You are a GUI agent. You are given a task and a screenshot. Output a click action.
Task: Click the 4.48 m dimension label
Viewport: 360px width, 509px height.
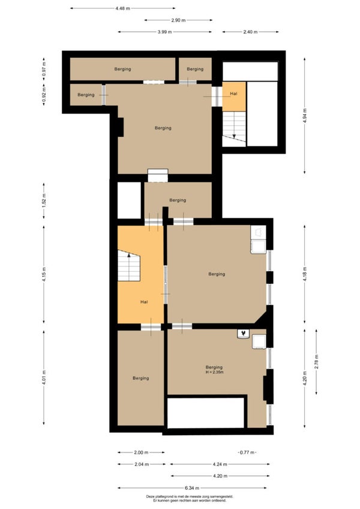pyautogui.click(x=123, y=8)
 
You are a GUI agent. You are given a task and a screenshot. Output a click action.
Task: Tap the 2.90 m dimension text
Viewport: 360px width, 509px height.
pyautogui.click(x=179, y=20)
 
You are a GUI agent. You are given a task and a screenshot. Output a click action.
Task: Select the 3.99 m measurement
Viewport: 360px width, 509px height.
pyautogui.click(x=164, y=32)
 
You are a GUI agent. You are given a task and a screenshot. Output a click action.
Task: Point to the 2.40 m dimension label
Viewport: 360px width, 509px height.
pyautogui.click(x=250, y=32)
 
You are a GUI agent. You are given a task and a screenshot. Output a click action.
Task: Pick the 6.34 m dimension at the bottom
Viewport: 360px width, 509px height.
pyautogui.click(x=192, y=487)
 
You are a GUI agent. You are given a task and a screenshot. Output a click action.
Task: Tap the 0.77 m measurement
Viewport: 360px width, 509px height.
pyautogui.click(x=247, y=452)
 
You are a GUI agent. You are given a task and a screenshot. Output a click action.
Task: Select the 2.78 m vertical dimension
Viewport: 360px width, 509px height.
pyautogui.click(x=317, y=361)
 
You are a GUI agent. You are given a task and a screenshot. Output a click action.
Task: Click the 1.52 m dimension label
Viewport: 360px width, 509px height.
pyautogui.click(x=44, y=200)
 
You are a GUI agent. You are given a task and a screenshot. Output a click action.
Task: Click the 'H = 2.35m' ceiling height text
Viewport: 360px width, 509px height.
pyautogui.click(x=214, y=372)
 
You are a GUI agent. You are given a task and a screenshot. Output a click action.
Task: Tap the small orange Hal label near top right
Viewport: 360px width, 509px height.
pyautogui.click(x=234, y=94)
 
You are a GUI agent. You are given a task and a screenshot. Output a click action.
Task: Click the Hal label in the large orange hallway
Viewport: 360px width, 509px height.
pyautogui.click(x=144, y=302)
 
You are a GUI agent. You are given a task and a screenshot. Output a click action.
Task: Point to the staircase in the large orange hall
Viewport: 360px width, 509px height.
pyautogui.click(x=129, y=265)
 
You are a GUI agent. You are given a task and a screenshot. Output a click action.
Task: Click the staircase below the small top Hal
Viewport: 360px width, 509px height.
pyautogui.click(x=234, y=128)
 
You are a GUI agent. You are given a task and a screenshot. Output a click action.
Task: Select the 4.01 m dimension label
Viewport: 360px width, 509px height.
pyautogui.click(x=44, y=378)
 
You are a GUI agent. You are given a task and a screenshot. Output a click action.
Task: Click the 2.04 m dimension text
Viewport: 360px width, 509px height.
pyautogui.click(x=142, y=464)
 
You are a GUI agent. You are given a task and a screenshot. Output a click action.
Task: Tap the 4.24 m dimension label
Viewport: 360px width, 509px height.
pyautogui.click(x=220, y=464)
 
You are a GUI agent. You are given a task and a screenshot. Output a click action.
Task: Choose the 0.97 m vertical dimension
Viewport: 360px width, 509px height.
pyautogui.click(x=44, y=69)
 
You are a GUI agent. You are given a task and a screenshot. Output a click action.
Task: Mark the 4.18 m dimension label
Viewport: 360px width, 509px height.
pyautogui.click(x=304, y=274)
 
